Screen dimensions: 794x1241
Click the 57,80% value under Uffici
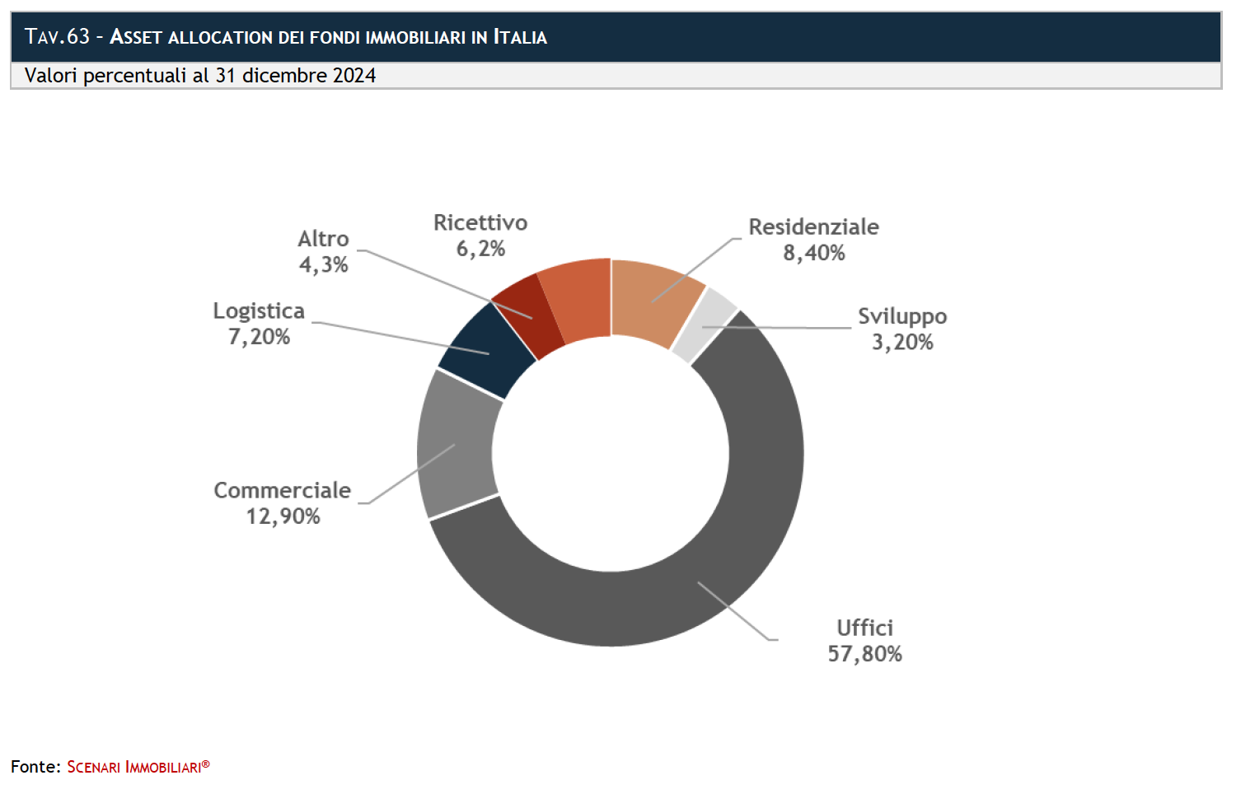864,654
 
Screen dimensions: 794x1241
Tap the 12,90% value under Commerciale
283,516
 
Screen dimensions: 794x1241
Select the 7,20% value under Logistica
259,337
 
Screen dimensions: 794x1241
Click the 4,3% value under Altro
323,265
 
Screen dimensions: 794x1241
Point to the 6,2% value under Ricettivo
480,249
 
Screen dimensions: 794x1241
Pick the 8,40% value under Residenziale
813,253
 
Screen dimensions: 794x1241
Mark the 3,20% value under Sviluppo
902,343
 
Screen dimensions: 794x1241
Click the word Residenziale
813,227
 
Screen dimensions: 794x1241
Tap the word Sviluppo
902,317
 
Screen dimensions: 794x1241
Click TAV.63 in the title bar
57,36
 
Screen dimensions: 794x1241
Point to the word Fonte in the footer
35,767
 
